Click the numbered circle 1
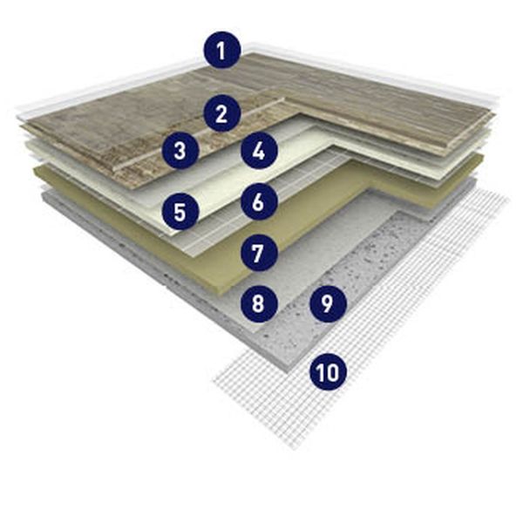pos(221,50)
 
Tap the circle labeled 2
pos(221,113)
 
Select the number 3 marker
pos(180,151)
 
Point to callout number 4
pos(259,151)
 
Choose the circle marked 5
pos(180,212)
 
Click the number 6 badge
pos(259,201)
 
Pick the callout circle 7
pos(259,253)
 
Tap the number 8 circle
pos(259,303)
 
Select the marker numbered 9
pos(329,303)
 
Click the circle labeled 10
pos(329,371)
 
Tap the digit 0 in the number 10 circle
pos(334,372)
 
